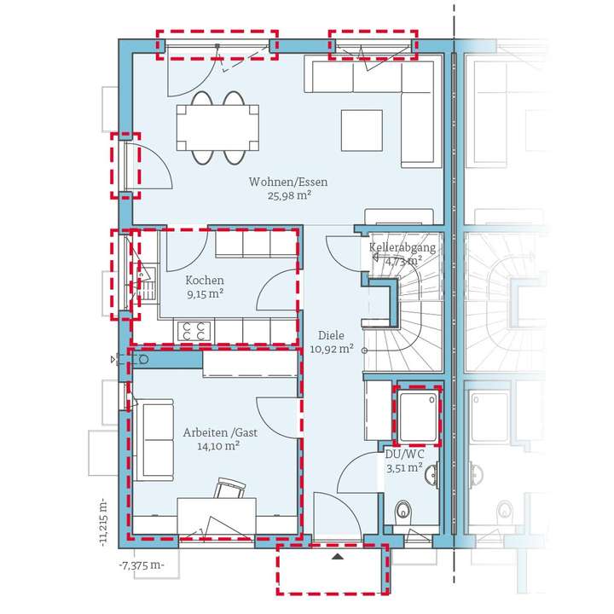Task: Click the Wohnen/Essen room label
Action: pyautogui.click(x=288, y=182)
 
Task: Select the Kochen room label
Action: pyautogui.click(x=205, y=280)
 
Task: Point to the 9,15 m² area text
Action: pyautogui.click(x=205, y=293)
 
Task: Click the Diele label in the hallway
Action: pyautogui.click(x=332, y=335)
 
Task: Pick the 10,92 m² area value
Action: pyautogui.click(x=332, y=349)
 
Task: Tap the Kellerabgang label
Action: pyautogui.click(x=403, y=248)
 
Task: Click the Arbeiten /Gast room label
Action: pyautogui.click(x=220, y=432)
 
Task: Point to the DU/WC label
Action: pyautogui.click(x=403, y=455)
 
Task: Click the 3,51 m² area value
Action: pyautogui.click(x=403, y=468)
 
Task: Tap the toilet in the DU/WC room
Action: pyautogui.click(x=403, y=510)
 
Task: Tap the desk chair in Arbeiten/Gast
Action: pyautogui.click(x=229, y=489)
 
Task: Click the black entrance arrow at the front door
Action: pyautogui.click(x=339, y=556)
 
